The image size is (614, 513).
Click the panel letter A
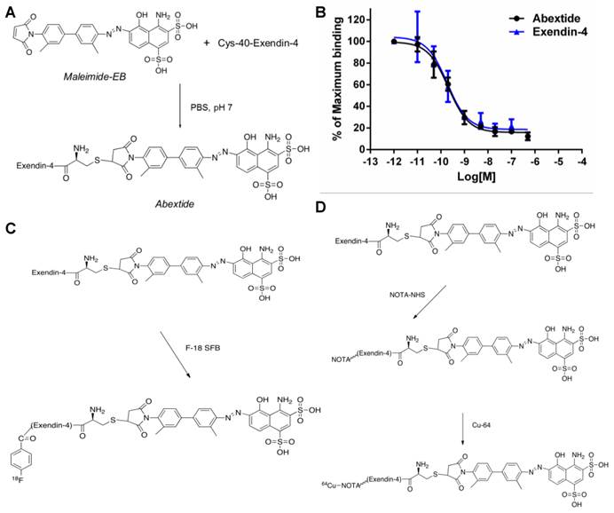coord(10,9)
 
